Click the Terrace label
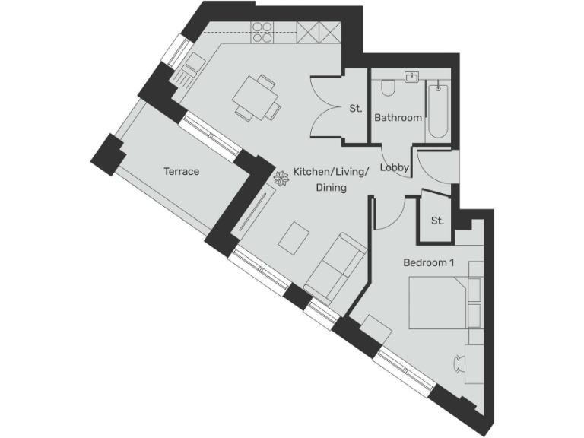pos(181,172)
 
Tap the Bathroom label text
pos(398,118)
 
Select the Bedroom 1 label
pos(428,263)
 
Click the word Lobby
pos(395,168)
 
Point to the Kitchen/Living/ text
pos(331,173)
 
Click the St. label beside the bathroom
pos(355,109)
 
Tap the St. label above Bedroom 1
pos(436,221)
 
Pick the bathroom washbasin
pos(413,78)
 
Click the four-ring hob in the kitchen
pos(262,32)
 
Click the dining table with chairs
pos(255,97)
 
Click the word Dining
pos(331,187)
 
